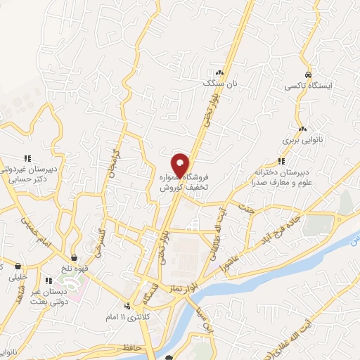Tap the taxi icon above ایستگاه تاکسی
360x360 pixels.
308,75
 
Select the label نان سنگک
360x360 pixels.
216,82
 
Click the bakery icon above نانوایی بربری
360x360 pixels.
302,129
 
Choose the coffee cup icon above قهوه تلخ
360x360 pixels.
75,257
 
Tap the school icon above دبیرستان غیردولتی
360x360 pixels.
27,158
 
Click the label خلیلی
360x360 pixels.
15,277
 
